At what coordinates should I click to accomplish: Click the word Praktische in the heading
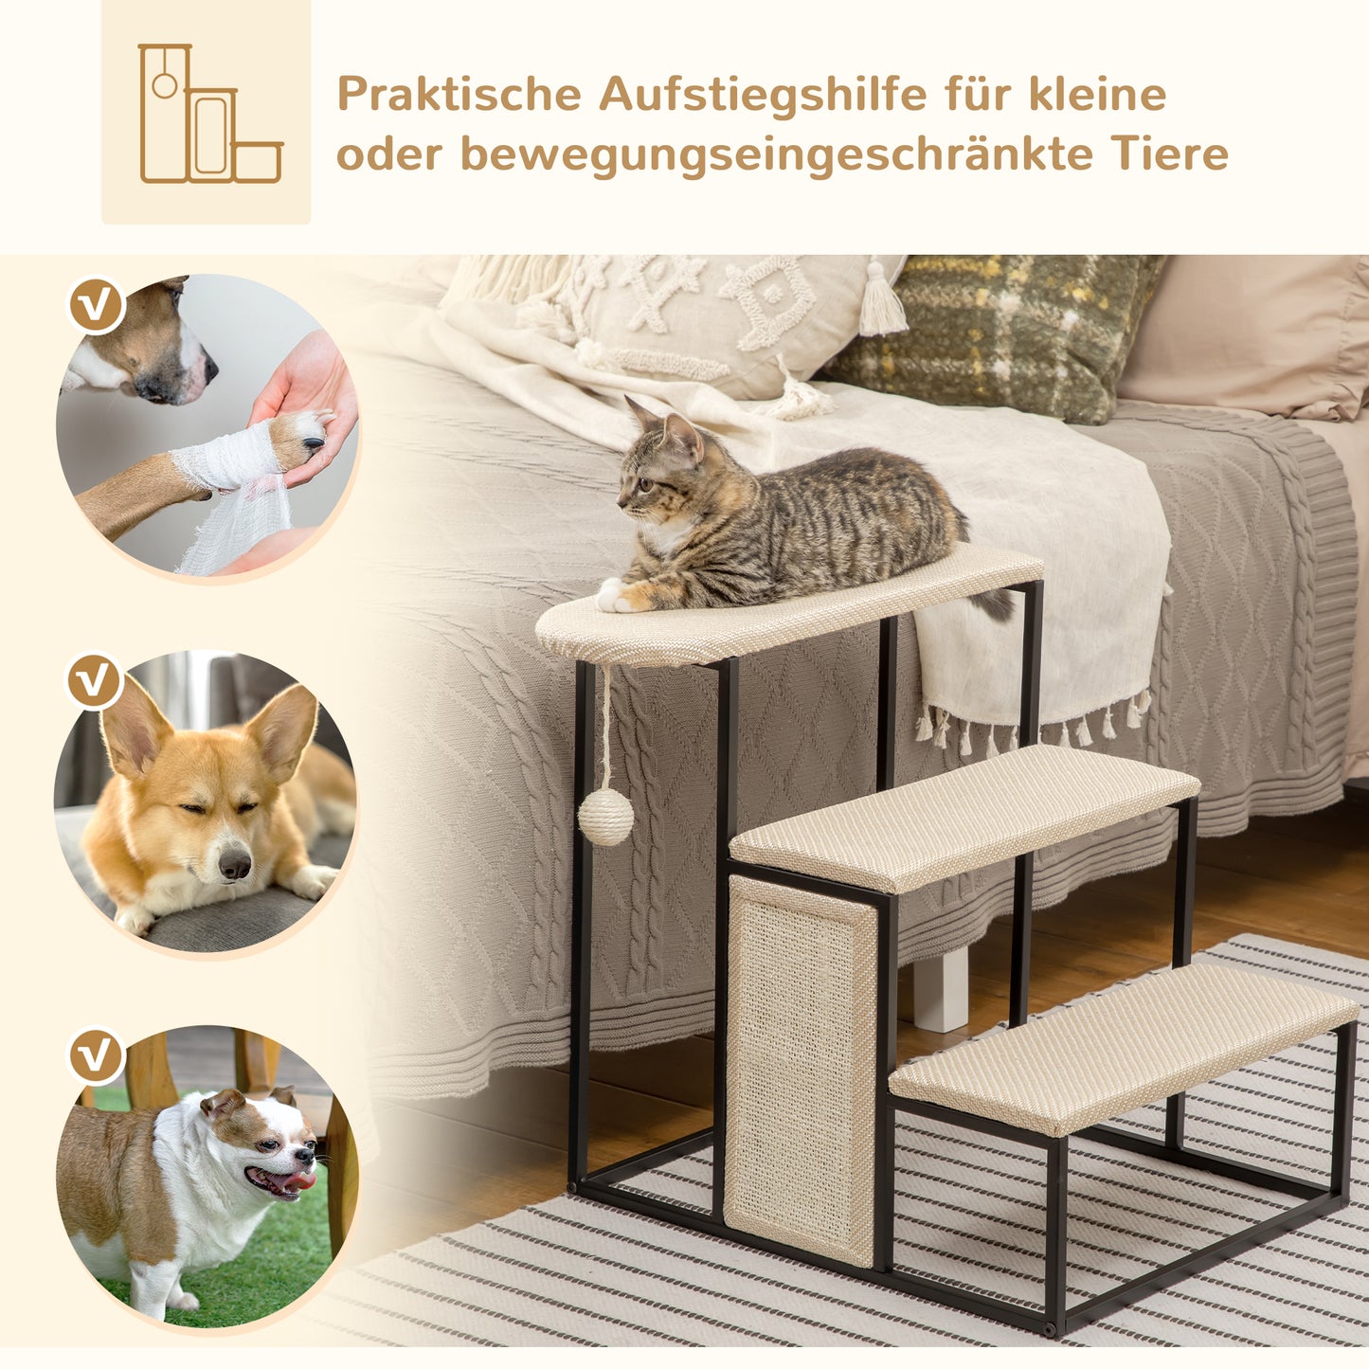point(459,95)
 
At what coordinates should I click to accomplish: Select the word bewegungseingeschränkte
point(776,154)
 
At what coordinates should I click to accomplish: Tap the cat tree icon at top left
point(207,113)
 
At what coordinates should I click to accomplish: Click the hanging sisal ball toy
point(605,817)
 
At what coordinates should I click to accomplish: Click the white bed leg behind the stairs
point(941,989)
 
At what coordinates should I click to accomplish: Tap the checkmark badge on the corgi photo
point(95,681)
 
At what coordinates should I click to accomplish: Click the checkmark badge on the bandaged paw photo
point(97,305)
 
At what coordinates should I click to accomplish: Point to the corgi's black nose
point(234,863)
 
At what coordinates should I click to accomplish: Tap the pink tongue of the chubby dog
point(297,1180)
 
